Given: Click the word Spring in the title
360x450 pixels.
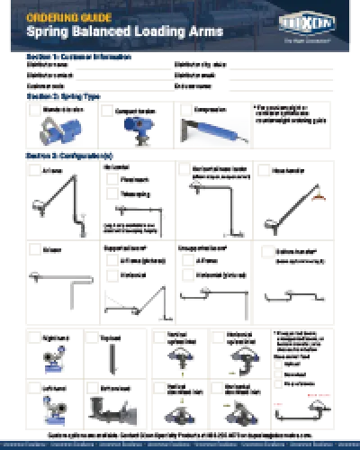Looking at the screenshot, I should pos(44,31).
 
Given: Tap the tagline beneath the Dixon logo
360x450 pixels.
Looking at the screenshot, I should pos(301,39).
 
